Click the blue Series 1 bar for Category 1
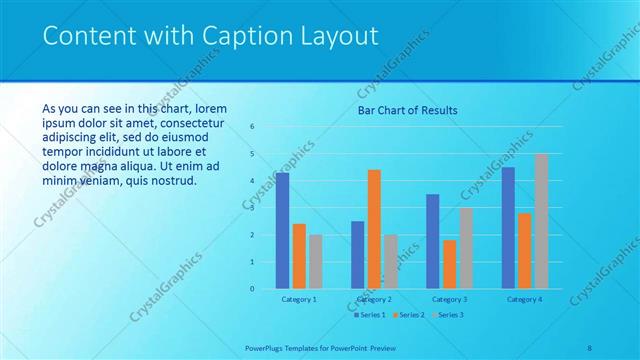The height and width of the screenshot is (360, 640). pos(282,231)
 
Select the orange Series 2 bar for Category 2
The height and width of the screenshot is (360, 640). pos(374,229)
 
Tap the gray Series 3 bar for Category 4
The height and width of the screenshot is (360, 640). pos(541,221)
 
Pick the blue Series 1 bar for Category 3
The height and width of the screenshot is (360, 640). pos(432,241)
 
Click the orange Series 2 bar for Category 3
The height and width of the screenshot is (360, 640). pos(449,264)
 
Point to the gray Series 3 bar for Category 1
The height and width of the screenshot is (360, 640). pos(316,261)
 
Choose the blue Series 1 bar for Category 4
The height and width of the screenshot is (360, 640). pos(508,228)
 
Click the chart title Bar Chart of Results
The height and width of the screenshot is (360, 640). pos(408,110)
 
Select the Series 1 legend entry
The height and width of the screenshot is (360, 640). pos(370,315)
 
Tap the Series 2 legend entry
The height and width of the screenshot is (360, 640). pos(408,315)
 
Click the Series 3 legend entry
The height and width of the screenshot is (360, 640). pos(446,315)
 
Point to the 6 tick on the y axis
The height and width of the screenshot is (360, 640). pos(252,127)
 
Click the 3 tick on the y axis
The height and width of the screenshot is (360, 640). pos(252,208)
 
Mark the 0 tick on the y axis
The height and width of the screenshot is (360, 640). pos(252,289)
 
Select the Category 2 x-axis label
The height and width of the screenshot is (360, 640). pos(374,299)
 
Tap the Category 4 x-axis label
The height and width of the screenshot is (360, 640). pos(524,299)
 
